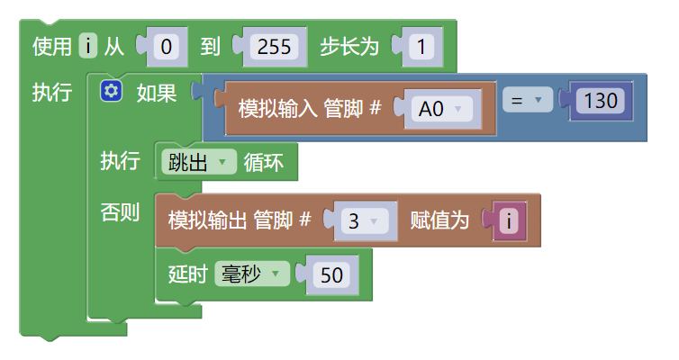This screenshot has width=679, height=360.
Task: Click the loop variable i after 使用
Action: coord(87,46)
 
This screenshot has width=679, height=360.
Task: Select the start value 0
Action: coord(166,47)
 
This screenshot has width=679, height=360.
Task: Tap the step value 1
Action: coord(421,47)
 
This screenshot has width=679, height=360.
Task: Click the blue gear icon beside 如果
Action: coord(112,91)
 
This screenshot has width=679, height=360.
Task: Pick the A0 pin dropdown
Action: coord(440,109)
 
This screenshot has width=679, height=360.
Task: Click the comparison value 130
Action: coord(599,101)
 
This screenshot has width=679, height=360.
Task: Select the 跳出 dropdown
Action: coord(198,162)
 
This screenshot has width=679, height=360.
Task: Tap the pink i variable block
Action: coord(510,220)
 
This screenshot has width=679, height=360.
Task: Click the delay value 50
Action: coord(332,275)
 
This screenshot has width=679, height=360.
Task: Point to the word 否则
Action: coord(120,213)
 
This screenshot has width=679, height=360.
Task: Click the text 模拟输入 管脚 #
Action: coord(310,109)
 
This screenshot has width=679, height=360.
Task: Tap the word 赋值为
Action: coord(439,220)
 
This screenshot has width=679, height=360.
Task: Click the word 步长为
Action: coord(349,47)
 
